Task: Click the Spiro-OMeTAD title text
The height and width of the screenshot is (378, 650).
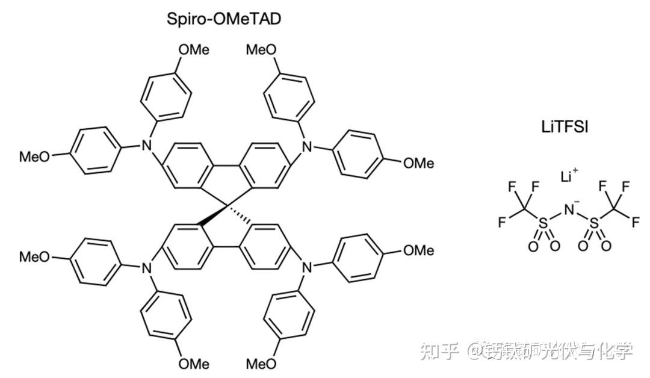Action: tap(223, 19)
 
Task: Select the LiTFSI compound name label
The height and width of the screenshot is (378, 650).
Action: tap(564, 127)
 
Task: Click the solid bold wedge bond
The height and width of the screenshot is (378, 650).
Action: tap(212, 217)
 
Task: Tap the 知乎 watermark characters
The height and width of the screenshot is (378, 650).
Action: tap(440, 350)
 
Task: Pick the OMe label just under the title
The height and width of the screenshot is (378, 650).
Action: tap(194, 50)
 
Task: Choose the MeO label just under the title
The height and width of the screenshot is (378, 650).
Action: tap(262, 50)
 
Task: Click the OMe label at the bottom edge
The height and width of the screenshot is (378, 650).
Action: tap(194, 364)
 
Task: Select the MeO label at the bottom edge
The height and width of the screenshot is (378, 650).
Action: tap(262, 364)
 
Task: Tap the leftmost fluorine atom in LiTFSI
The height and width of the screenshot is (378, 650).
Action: tap(501, 222)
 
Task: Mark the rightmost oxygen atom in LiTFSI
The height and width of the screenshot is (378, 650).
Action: tap(606, 246)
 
